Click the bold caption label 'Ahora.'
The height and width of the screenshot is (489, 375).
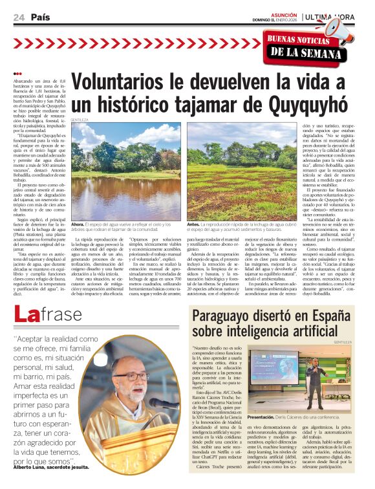pyautogui.click(x=78, y=223)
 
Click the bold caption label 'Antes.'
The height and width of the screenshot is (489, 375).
pyautogui.click(x=194, y=223)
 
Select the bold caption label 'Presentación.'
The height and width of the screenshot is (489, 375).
pyautogui.click(x=265, y=418)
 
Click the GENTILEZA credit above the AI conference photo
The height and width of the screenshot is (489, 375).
pyautogui.click(x=343, y=342)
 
